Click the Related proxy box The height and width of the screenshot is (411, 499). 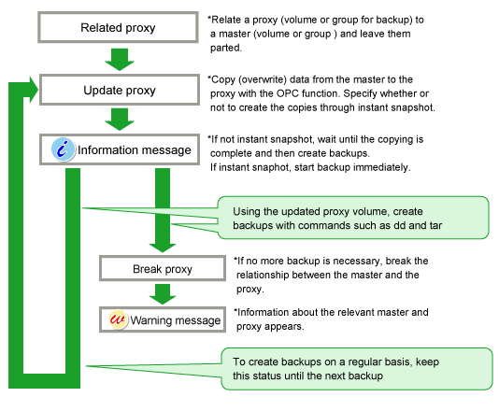[x=118, y=27]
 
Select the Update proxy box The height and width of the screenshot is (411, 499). [x=120, y=90]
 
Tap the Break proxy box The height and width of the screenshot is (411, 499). [x=163, y=268]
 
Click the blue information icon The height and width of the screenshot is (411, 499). [x=63, y=149]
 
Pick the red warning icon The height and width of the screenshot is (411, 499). [x=118, y=319]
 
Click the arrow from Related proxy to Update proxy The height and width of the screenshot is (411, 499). [x=120, y=59]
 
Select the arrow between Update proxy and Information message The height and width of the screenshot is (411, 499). [x=120, y=120]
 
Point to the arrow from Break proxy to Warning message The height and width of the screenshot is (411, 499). [x=163, y=294]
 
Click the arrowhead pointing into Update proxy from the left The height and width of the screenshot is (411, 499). [x=34, y=90]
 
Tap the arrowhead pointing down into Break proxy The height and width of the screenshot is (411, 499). [x=163, y=248]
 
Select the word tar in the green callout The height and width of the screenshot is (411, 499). [x=435, y=225]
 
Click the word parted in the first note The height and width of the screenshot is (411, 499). [x=225, y=48]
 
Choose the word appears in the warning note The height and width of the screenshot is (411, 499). [x=287, y=327]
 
